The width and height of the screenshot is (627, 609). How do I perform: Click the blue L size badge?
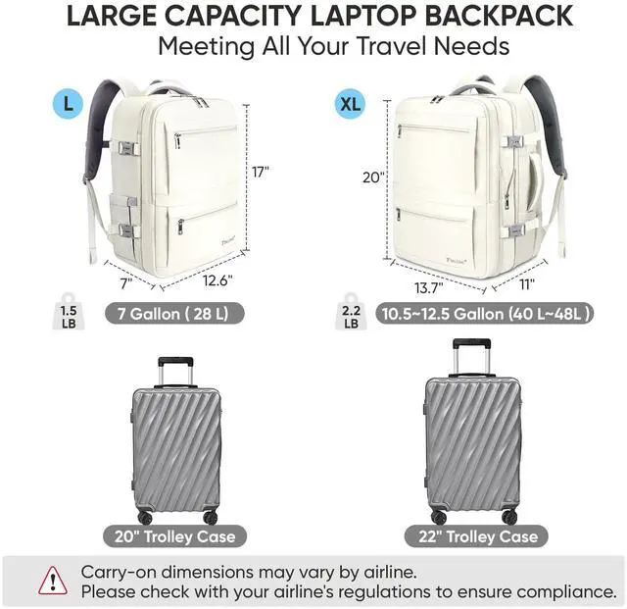point(68,101)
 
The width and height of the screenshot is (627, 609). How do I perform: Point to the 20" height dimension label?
point(374,178)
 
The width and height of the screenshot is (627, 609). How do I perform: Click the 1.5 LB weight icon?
point(66,310)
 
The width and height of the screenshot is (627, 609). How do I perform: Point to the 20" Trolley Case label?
point(174,536)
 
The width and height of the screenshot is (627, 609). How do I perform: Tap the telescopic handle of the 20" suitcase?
point(175,372)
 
